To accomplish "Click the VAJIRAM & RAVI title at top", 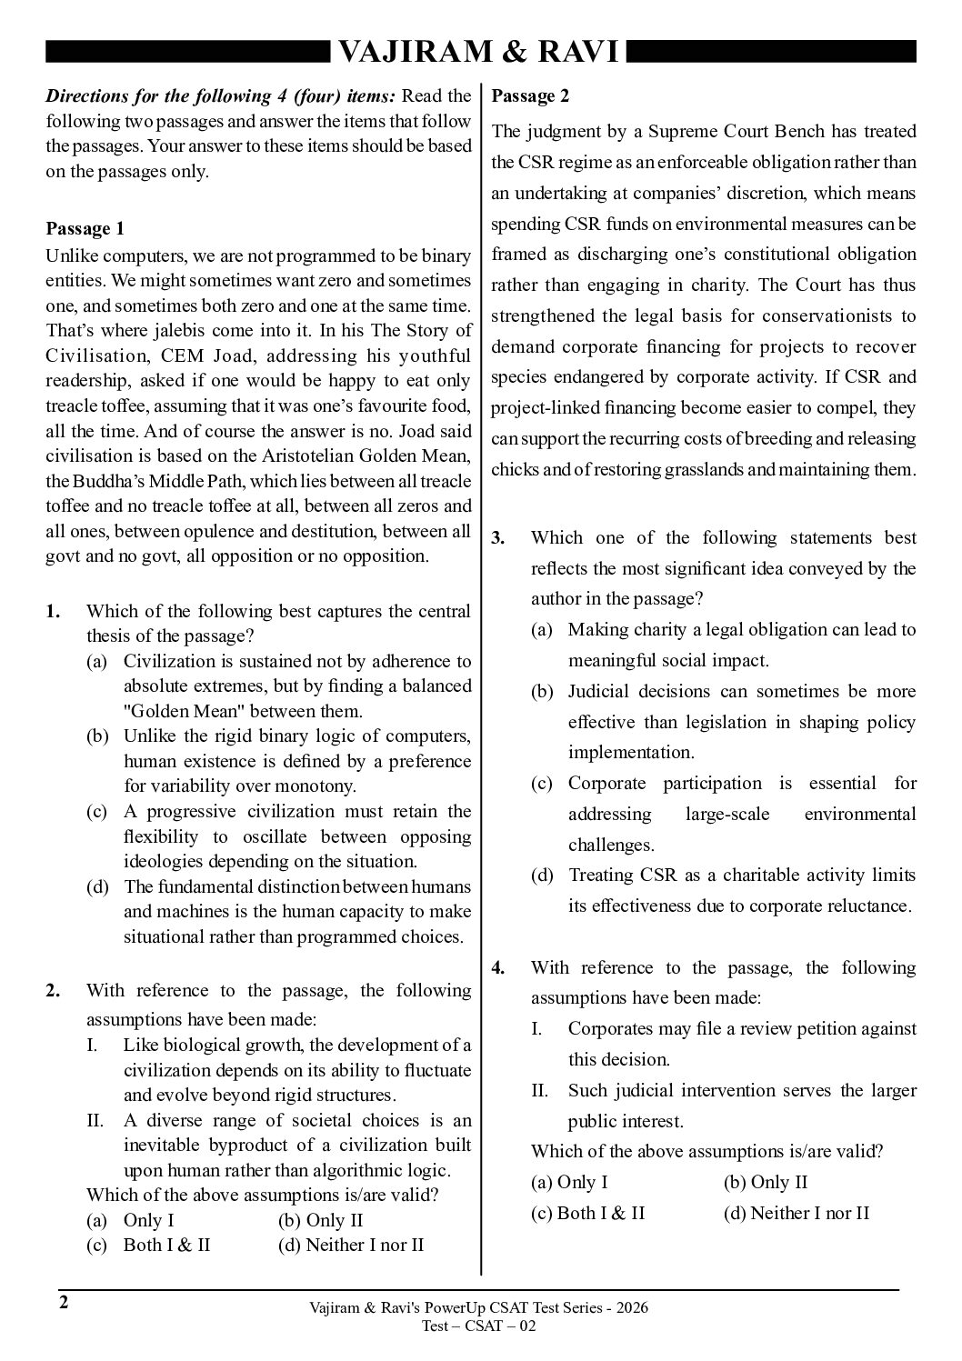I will [x=479, y=53].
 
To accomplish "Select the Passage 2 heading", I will [x=531, y=96].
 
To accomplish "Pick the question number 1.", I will [x=53, y=612].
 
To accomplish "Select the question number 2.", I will [x=53, y=990].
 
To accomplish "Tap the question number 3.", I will [x=498, y=537].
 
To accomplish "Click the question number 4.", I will [x=498, y=967].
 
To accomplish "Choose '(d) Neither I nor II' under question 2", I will [x=351, y=1245].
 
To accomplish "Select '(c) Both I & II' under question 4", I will [x=588, y=1213].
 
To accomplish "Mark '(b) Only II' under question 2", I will [x=320, y=1220].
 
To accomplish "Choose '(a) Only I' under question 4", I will [x=569, y=1182].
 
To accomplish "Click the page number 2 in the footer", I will [x=64, y=1303].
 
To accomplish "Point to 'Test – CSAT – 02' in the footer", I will [x=479, y=1326].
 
